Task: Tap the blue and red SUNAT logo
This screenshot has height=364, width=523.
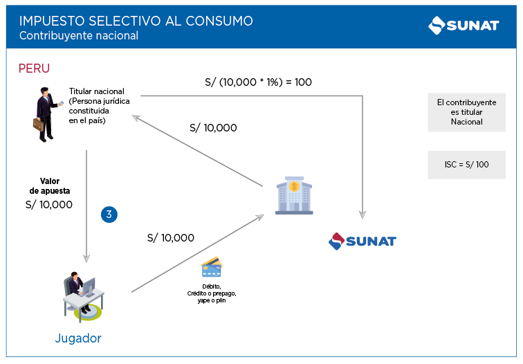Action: pos(362,241)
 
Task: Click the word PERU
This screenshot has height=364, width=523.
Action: pos(34,69)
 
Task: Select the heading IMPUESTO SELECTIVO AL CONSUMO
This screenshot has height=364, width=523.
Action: pos(136,21)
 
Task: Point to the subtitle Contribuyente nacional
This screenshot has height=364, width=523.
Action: pos(79,36)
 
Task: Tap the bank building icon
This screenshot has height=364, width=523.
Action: pos(294,196)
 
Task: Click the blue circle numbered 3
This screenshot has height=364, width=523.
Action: pos(109,215)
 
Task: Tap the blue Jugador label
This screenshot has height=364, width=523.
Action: pos(78,338)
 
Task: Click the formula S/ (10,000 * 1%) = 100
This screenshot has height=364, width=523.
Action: pos(258,82)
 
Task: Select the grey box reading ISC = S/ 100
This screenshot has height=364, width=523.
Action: pos(466,165)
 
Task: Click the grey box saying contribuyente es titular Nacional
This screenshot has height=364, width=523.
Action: pos(466,111)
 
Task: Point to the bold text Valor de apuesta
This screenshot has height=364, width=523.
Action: pos(50,185)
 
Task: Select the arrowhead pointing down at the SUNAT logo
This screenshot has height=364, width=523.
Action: pos(362,215)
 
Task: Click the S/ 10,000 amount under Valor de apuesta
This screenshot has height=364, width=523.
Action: pos(48,204)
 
